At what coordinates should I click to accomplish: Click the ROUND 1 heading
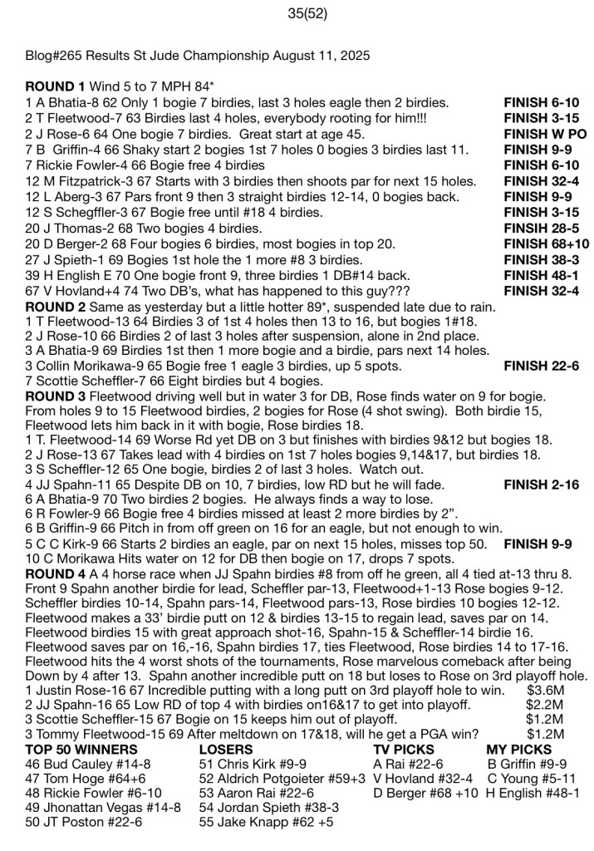tap(56, 86)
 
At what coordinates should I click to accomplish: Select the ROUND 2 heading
tap(56, 307)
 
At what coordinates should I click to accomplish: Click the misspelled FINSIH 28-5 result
tap(541, 227)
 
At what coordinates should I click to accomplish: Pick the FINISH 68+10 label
tap(546, 243)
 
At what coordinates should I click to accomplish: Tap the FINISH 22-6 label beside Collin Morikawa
tap(541, 366)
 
